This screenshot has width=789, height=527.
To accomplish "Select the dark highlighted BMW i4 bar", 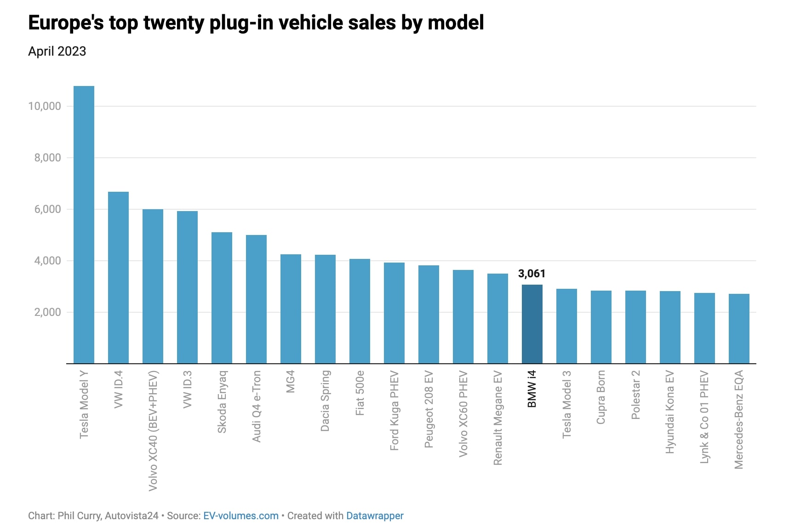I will point(532,324).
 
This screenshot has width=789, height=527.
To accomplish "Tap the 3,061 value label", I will point(532,274).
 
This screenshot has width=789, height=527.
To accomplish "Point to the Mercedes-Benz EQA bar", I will point(739,328).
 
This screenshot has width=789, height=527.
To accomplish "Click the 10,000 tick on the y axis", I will point(45,106).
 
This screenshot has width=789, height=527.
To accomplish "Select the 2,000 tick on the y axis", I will point(47,312).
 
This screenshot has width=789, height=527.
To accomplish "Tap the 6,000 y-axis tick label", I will point(47,209).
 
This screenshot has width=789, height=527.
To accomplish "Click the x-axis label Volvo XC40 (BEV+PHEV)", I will point(153,430).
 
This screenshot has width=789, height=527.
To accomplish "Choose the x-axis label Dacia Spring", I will point(325,401).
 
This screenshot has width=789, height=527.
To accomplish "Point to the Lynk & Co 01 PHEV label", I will point(704,417).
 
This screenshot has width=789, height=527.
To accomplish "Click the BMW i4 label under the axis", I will point(532,389).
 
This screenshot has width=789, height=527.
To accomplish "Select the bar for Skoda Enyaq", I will point(222,298).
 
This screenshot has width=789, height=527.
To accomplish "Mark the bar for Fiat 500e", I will point(360,311).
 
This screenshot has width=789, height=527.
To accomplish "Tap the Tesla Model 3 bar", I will point(566,326).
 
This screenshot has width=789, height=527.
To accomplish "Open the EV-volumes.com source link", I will point(240,516).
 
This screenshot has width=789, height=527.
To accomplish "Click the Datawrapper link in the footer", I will point(374,516).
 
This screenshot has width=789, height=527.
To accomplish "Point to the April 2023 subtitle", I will point(57,51).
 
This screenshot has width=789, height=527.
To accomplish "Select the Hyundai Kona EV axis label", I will point(670,412).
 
